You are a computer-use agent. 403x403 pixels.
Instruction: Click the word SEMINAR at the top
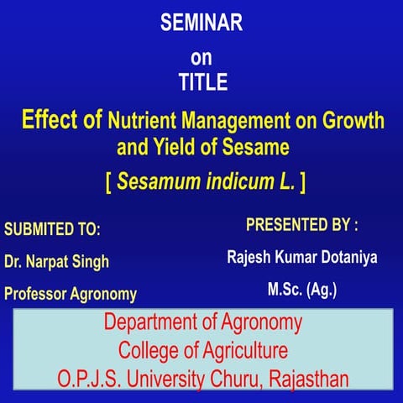[x=201, y=24]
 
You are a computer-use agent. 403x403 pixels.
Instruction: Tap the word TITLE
[x=201, y=83]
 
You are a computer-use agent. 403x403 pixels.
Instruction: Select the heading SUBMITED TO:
[x=53, y=229]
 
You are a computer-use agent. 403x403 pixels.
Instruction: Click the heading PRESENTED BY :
[x=301, y=226]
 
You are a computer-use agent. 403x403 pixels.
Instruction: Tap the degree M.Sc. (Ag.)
[x=302, y=290]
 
